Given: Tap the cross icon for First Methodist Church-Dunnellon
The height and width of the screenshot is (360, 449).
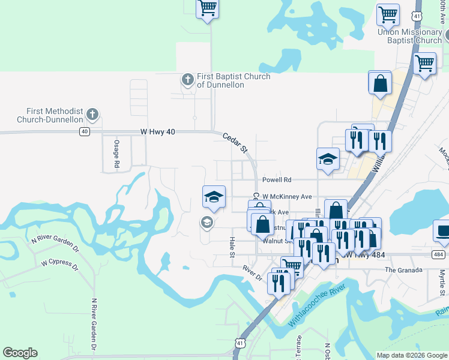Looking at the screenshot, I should coord(92,113).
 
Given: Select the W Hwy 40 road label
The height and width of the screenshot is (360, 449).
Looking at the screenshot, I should coord(157,131).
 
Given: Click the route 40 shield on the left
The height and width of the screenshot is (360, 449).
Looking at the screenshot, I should coord(84,131).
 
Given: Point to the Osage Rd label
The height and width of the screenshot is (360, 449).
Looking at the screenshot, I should coord(116,156).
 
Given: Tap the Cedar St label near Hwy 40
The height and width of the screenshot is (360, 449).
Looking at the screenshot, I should coord(236,142).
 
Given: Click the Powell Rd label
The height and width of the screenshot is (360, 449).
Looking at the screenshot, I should coord(276,179).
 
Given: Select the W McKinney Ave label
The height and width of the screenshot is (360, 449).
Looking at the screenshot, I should coord(287,196).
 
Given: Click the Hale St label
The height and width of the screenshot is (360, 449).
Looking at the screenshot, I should coord(232,247).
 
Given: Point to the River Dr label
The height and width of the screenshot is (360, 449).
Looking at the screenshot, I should coord(253,273).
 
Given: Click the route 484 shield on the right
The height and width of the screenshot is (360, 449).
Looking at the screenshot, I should coord(438,255).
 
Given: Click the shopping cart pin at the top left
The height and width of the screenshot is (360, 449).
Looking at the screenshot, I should coord(207,8).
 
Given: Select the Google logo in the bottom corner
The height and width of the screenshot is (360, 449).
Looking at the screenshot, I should coord(20,353).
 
